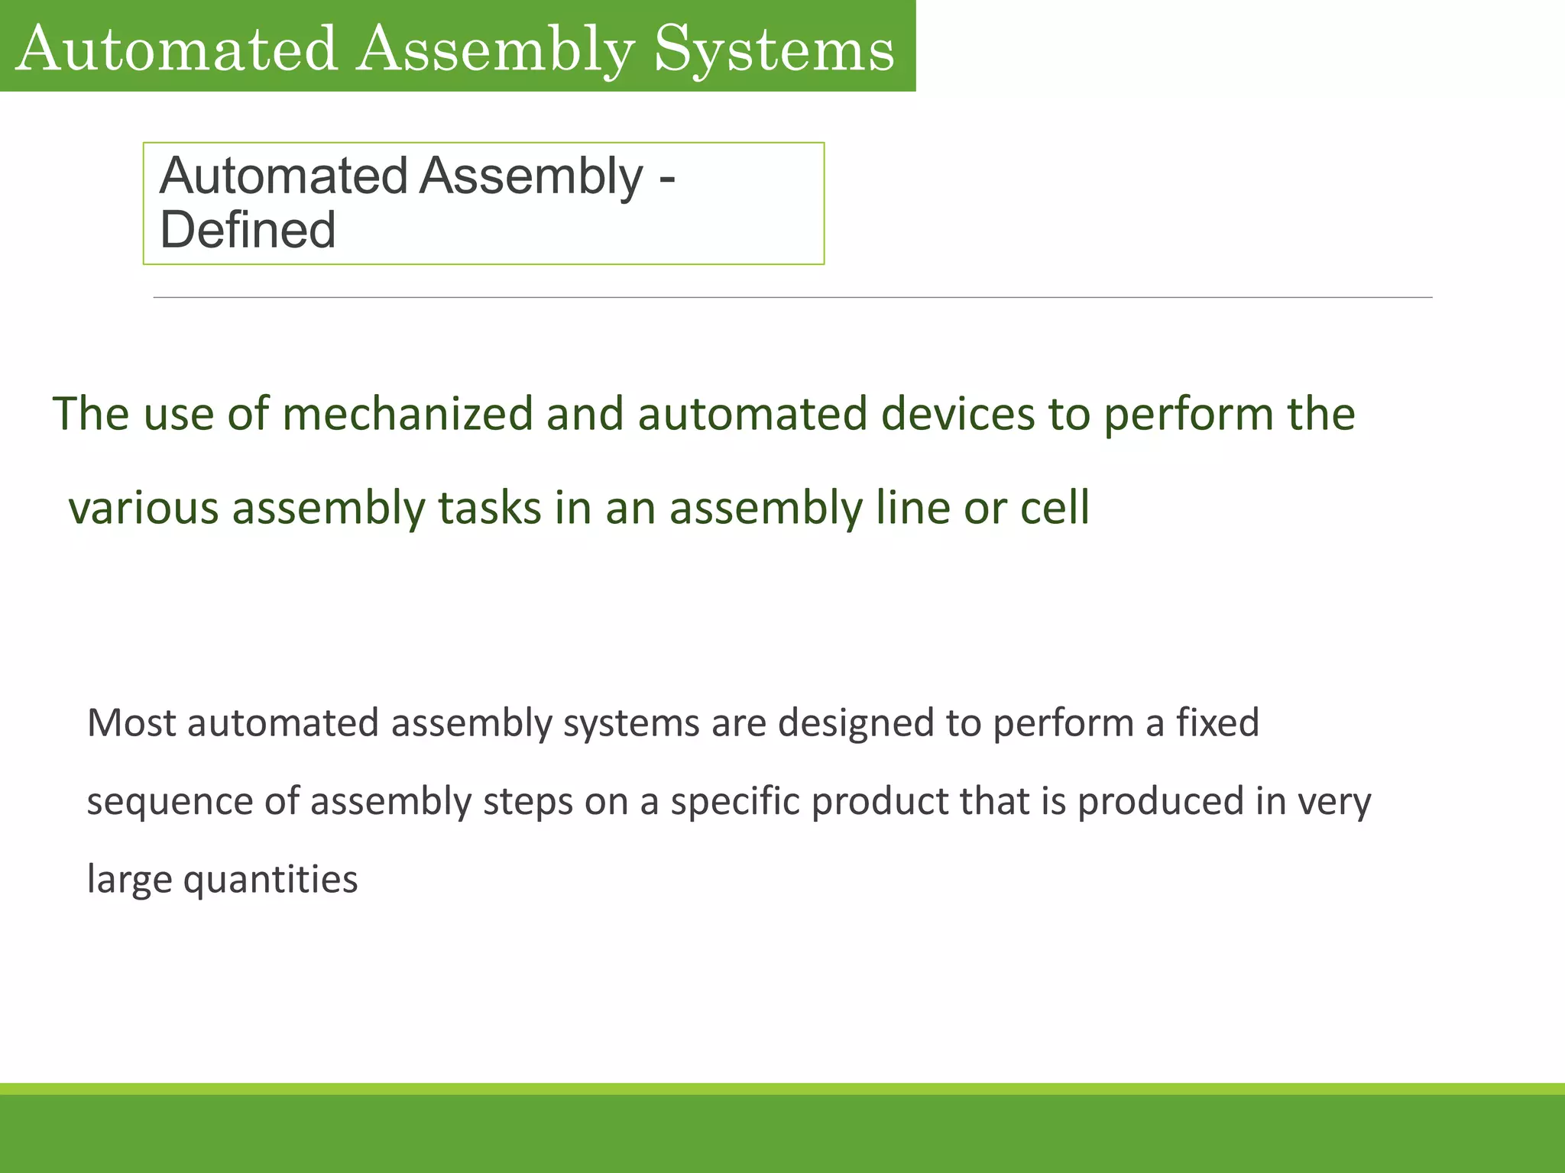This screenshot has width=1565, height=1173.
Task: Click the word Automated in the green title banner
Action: [176, 49]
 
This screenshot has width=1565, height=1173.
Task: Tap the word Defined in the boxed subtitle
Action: [248, 230]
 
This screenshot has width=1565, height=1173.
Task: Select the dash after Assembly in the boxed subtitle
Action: [666, 179]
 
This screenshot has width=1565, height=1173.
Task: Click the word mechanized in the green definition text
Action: [407, 414]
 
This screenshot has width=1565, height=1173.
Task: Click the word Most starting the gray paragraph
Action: [131, 722]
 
